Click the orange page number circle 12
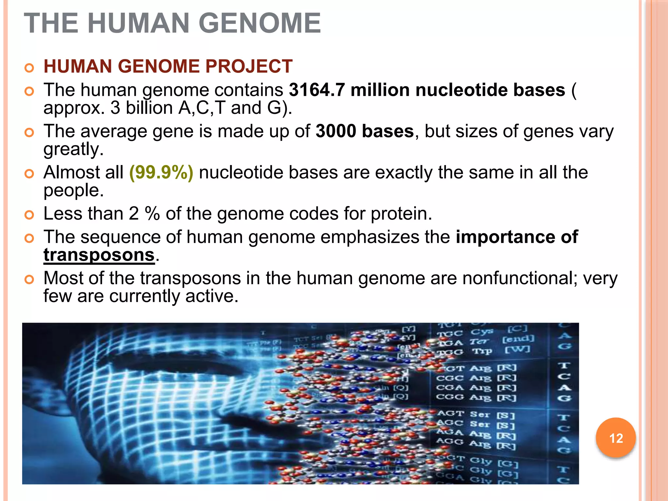coord(615,438)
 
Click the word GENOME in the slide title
coord(260,23)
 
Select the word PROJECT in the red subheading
coord(249,66)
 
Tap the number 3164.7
coord(317,90)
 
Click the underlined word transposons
coord(99,255)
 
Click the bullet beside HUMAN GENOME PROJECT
coord(29,68)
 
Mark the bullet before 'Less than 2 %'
coord(29,215)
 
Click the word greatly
coord(73,149)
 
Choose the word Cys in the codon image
coord(481,332)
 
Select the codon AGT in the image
coord(450,413)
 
